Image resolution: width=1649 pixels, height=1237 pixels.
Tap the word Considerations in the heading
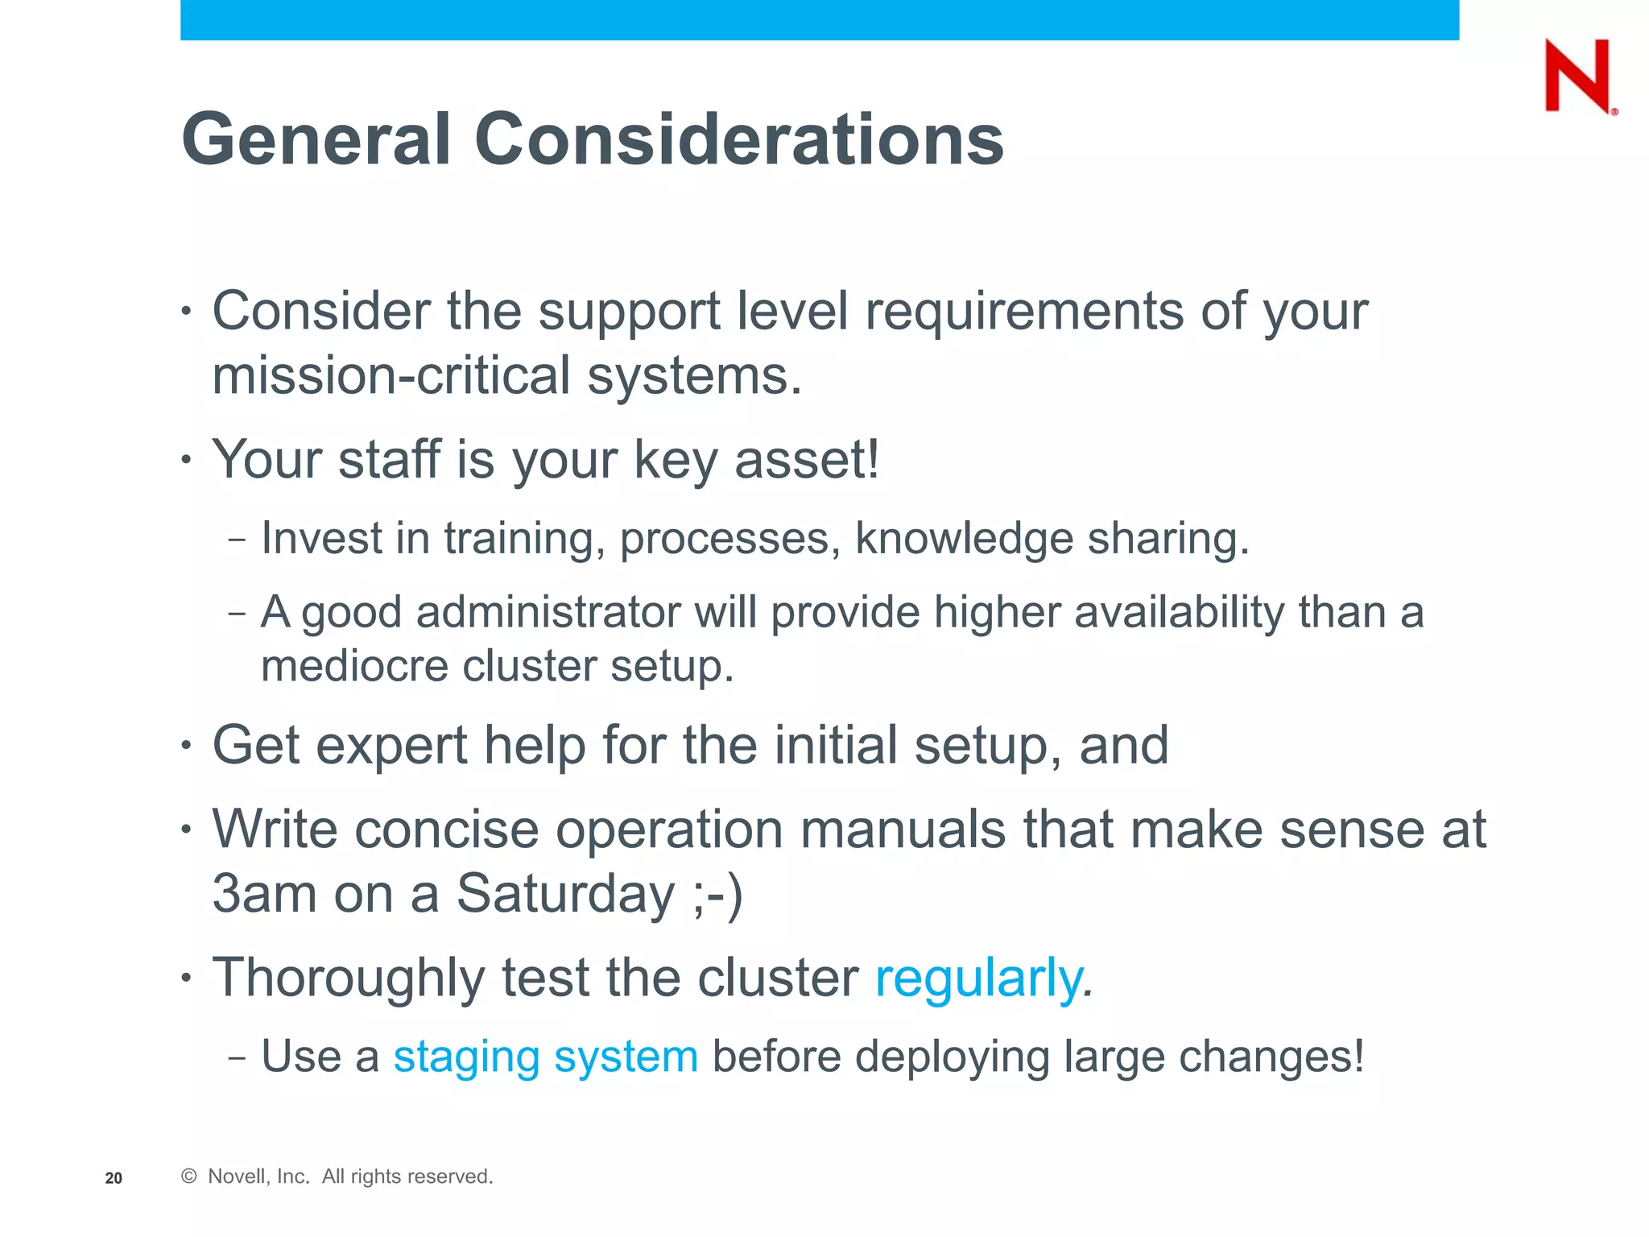click(x=738, y=139)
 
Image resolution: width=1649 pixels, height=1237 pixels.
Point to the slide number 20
click(x=114, y=1178)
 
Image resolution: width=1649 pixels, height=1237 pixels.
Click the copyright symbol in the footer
click(x=189, y=1177)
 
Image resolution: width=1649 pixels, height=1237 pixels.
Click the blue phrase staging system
click(x=545, y=1057)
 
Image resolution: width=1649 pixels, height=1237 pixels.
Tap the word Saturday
click(x=566, y=894)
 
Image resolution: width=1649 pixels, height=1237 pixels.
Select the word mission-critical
click(x=391, y=376)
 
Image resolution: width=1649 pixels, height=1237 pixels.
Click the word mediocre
click(x=353, y=667)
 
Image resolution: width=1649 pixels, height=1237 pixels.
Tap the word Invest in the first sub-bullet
click(x=321, y=538)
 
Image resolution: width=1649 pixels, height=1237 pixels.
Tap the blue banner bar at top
click(x=819, y=19)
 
